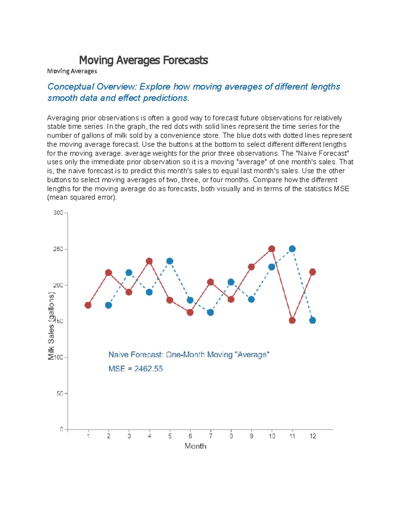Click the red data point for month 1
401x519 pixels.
(x=88, y=305)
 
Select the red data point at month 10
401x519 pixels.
(x=272, y=249)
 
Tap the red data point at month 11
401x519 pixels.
(x=292, y=320)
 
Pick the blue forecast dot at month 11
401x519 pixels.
(x=292, y=249)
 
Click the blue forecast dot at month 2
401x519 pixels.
(x=109, y=305)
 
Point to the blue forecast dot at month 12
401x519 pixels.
(x=312, y=320)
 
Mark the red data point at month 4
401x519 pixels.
(x=149, y=261)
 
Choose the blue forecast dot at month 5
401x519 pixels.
(x=170, y=261)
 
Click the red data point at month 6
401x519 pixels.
(x=190, y=312)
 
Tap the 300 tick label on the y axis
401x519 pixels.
(x=58, y=213)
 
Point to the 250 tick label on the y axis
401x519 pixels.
(x=58, y=249)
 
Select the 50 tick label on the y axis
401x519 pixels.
(x=59, y=393)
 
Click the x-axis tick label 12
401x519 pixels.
(x=313, y=436)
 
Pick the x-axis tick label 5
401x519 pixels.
(x=170, y=436)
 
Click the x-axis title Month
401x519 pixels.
(x=195, y=446)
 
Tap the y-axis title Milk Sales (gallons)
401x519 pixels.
(x=51, y=326)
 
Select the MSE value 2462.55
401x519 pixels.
(x=148, y=369)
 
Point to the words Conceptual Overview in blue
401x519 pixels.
(x=92, y=87)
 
